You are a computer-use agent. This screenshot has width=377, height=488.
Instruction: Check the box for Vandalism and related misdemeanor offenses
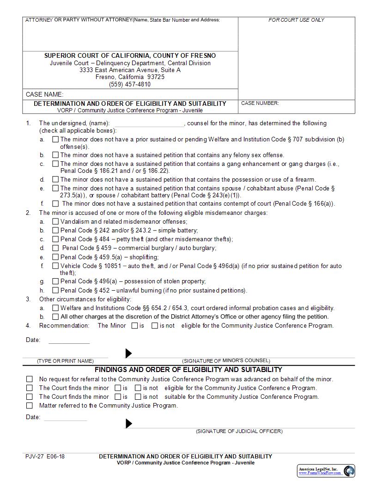(55, 221)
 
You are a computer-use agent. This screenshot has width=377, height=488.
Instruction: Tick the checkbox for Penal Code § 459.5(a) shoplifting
(55, 257)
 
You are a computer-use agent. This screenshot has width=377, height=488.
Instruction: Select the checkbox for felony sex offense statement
(55, 155)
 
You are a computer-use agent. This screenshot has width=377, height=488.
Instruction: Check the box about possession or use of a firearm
(55, 179)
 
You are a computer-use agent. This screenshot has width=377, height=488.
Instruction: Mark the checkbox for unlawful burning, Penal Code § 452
(55, 290)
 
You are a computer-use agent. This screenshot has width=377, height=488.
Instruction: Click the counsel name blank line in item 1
(149, 124)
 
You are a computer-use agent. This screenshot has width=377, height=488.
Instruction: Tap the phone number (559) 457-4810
(130, 84)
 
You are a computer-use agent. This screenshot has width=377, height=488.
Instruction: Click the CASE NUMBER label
(260, 104)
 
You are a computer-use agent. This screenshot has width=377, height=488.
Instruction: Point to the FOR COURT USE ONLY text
(296, 20)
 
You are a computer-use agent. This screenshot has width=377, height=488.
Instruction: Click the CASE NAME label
(44, 94)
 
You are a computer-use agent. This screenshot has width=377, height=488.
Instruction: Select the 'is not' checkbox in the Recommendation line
(155, 325)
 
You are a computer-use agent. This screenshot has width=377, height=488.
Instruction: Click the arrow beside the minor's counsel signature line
(129, 354)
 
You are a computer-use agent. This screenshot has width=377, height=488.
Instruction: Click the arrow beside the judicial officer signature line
(129, 423)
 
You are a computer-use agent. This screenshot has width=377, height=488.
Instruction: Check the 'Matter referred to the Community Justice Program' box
(30, 406)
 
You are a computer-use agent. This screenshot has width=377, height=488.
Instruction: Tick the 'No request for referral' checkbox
(30, 379)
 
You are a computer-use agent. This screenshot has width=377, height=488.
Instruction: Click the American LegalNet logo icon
(349, 471)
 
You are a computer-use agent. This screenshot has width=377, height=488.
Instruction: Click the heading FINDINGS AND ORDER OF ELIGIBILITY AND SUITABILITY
(188, 370)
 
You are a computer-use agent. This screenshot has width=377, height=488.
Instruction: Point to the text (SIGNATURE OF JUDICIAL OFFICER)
(239, 431)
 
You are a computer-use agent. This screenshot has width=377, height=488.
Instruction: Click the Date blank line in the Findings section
(65, 418)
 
